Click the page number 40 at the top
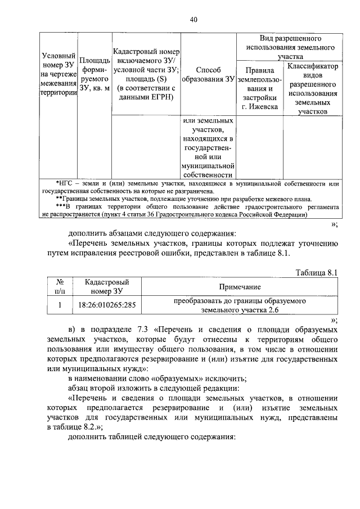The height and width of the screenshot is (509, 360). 193,20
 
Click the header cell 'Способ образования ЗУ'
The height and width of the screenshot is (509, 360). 208,74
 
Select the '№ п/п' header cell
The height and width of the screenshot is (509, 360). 60,286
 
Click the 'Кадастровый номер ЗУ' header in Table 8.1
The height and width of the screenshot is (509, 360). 104,286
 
